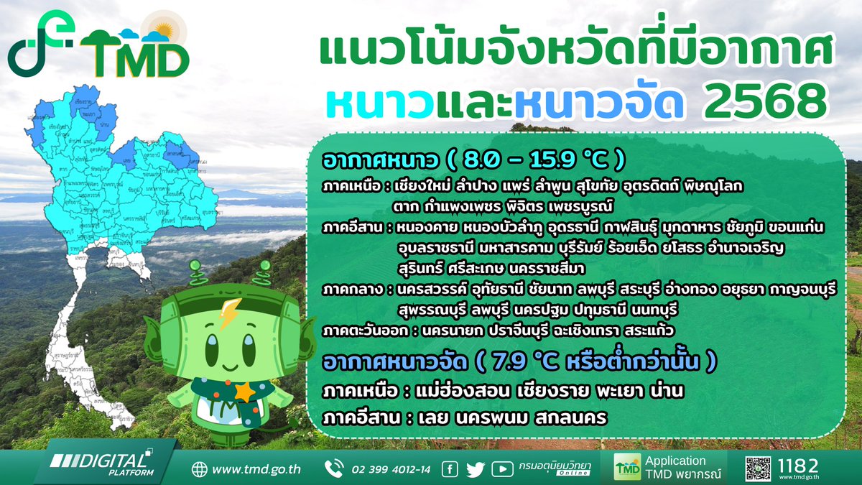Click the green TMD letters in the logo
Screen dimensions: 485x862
coord(134,60)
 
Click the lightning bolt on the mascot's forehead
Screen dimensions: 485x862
coord(229,313)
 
